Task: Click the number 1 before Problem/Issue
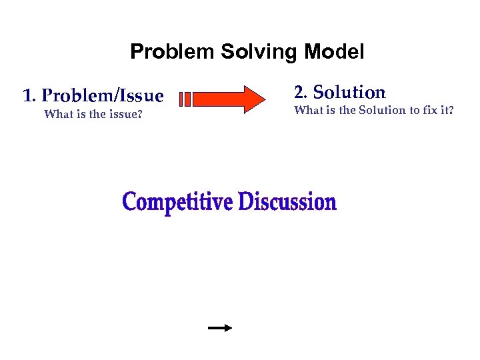click(x=27, y=96)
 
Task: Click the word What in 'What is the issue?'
click(x=57, y=114)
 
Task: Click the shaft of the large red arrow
click(x=217, y=99)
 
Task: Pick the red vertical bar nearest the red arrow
click(x=188, y=99)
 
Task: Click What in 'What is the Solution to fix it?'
click(x=307, y=111)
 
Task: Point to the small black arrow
click(x=219, y=328)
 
